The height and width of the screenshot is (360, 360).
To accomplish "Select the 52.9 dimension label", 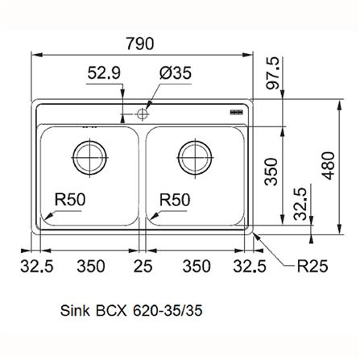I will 104,74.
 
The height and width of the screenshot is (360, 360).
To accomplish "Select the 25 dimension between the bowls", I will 143,265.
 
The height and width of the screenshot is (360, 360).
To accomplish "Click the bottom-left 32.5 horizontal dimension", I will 37,265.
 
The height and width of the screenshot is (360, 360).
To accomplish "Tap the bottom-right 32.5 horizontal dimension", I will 249,265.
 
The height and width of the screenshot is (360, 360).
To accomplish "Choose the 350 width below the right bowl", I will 196,265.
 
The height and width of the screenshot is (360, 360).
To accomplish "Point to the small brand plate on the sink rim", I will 238,112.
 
